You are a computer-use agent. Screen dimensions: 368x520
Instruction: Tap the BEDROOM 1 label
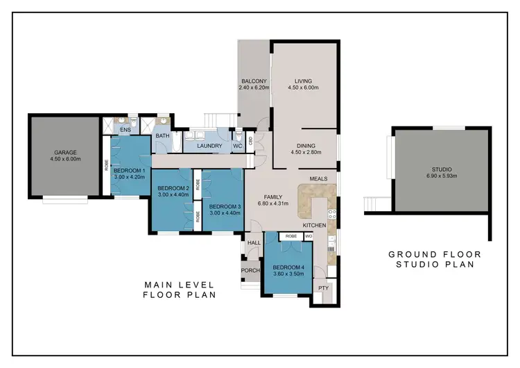click(130, 170)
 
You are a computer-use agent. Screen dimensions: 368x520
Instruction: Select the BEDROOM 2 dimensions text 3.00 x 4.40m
click(173, 195)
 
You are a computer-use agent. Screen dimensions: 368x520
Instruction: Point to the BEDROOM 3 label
click(224, 206)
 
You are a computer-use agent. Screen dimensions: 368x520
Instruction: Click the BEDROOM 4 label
click(288, 267)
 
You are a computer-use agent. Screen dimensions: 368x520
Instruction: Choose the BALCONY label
click(253, 81)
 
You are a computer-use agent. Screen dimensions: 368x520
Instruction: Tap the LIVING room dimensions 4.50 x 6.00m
click(306, 88)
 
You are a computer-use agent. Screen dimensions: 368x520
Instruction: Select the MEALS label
click(318, 178)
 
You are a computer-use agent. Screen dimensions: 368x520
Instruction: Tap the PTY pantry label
click(322, 287)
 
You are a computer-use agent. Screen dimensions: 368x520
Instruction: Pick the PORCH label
click(250, 271)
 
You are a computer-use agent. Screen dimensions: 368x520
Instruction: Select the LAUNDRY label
click(209, 146)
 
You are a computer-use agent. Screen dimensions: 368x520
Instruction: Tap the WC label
click(237, 146)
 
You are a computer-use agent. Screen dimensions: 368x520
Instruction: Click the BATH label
click(163, 136)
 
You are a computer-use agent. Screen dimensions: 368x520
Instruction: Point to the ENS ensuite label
click(125, 130)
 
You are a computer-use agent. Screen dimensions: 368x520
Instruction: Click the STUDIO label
click(442, 169)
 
